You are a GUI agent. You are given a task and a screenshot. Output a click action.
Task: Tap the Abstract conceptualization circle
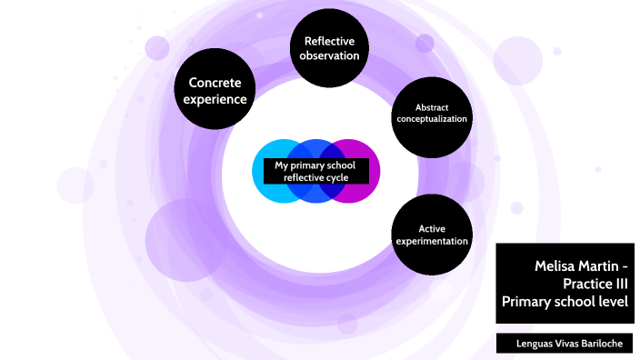coord(431,115)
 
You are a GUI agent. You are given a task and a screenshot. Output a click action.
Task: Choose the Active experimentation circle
coord(431,235)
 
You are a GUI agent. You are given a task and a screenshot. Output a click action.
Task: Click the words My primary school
coord(315,165)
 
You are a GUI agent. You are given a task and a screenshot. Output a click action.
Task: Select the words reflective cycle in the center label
coord(315,177)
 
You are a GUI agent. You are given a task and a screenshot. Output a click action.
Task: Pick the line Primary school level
coord(565,301)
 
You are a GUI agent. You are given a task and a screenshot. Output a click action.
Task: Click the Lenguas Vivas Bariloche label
coord(565,344)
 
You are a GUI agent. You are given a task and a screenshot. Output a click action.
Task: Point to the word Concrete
coord(215,83)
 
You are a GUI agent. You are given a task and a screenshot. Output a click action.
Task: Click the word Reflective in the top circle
coord(329,41)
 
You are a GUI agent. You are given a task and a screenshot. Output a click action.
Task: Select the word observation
coord(329,55)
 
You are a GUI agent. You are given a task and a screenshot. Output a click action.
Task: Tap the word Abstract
coord(431,107)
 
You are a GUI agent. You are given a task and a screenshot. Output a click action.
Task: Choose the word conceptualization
coord(431,119)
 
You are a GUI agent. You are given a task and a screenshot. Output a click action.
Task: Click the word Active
coord(431,228)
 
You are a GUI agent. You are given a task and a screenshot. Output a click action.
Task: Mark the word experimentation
coord(431,241)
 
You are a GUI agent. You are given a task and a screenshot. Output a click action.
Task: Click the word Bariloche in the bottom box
coord(602,344)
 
